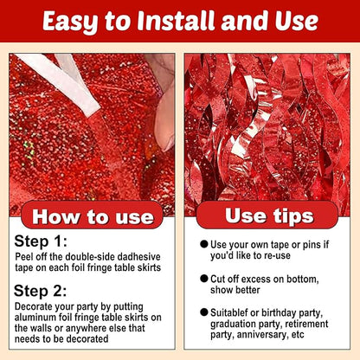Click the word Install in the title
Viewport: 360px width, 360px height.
coord(177,21)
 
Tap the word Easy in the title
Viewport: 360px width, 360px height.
coord(70,22)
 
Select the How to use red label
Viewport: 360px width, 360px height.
coord(93,215)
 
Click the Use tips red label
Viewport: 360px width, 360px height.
coord(267,215)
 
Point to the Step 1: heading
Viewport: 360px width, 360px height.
coord(41,241)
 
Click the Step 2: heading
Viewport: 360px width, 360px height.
coord(41,291)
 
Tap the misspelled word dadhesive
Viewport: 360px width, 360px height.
coord(139,257)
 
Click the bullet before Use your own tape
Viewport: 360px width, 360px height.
coord(204,244)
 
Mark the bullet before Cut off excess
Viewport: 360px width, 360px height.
coord(204,279)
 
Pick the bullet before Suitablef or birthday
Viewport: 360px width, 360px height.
coord(204,312)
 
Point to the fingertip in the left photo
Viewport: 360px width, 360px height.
coord(165,121)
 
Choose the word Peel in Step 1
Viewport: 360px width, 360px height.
coord(22,257)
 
